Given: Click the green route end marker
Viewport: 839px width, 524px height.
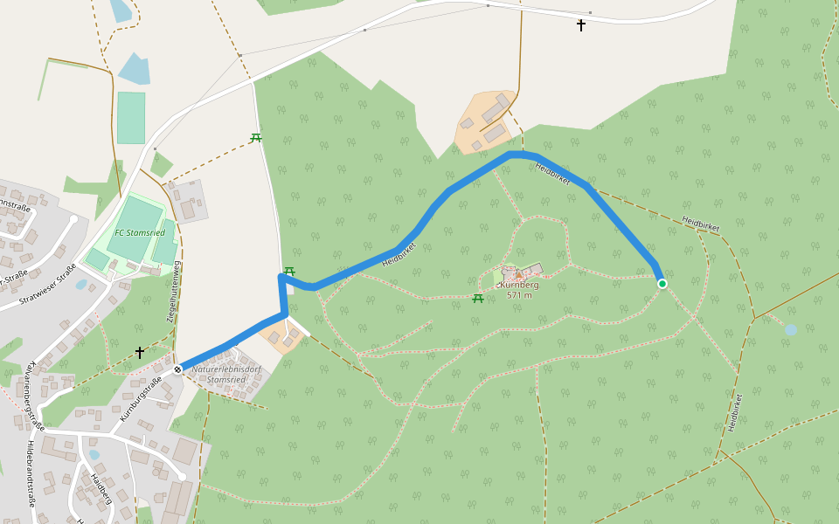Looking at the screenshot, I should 662,284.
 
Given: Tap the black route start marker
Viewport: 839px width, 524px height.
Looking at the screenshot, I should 177,369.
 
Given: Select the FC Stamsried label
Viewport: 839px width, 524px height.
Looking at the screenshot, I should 140,233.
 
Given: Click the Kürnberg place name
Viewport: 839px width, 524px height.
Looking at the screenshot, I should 519,285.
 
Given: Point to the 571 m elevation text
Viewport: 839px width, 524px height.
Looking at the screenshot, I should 519,295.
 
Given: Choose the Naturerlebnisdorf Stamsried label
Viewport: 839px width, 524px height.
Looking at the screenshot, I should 226,374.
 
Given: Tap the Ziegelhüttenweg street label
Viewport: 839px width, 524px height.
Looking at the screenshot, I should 174,292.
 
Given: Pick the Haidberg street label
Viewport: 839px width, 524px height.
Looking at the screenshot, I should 101,490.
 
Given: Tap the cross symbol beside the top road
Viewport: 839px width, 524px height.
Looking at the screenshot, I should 581,25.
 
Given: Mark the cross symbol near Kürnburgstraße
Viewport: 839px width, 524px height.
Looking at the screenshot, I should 140,352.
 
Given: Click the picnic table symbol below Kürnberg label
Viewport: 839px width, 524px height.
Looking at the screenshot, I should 478,299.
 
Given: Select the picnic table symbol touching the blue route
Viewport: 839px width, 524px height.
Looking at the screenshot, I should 289,271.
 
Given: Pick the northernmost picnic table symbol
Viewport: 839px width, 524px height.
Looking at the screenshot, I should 256,138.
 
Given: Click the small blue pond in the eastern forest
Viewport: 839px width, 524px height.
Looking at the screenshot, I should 791,330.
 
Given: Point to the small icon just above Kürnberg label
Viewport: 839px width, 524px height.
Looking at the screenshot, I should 518,274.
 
